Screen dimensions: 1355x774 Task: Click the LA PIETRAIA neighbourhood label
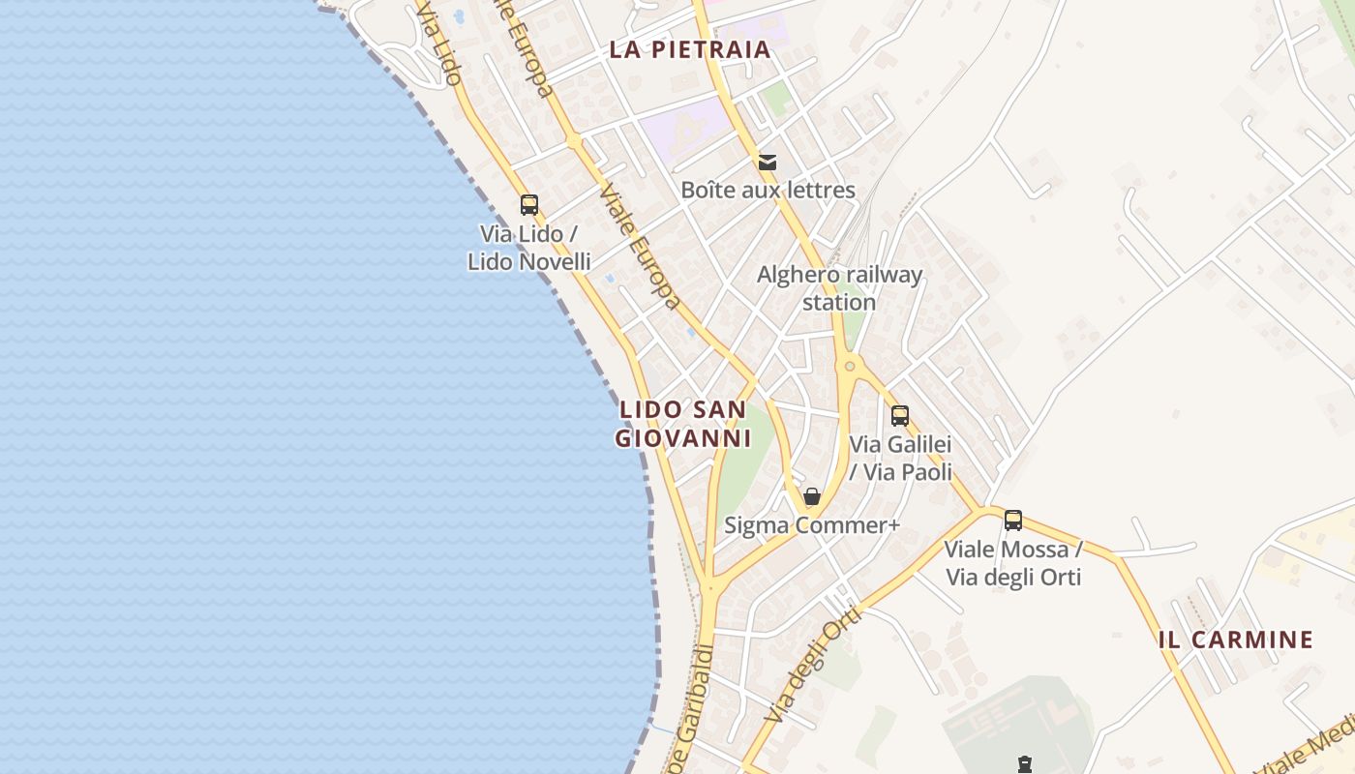click(x=689, y=49)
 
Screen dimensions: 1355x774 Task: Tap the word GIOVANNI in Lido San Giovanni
click(x=683, y=438)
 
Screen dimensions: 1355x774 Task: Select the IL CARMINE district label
click(x=1235, y=640)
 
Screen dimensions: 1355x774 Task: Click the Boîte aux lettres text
click(x=768, y=190)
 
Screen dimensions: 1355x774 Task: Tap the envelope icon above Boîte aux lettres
click(x=768, y=162)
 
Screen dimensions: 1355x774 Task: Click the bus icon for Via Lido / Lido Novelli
click(x=528, y=205)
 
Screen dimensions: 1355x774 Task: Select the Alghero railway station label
click(x=839, y=288)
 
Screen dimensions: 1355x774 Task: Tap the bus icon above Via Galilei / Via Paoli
click(x=899, y=416)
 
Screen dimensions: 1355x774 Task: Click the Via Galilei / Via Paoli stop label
click(x=900, y=458)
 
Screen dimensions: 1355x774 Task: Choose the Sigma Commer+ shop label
click(x=812, y=525)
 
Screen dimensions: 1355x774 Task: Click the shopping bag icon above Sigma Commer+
click(x=812, y=496)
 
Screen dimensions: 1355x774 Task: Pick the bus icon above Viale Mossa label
click(x=1012, y=521)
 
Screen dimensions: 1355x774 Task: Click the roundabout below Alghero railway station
click(x=850, y=366)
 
